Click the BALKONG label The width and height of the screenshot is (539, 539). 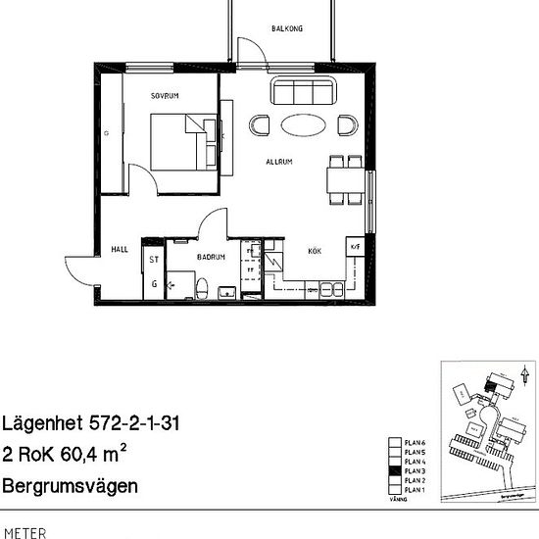pyautogui.click(x=288, y=29)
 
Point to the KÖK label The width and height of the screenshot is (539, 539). pyautogui.click(x=315, y=251)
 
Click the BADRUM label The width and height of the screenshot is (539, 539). pyautogui.click(x=211, y=257)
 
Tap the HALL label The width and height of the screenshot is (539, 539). pyautogui.click(x=120, y=249)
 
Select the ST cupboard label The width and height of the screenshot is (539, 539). pyautogui.click(x=154, y=260)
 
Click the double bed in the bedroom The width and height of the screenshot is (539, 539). pyautogui.click(x=184, y=143)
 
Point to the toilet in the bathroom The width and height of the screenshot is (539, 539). pyautogui.click(x=202, y=286)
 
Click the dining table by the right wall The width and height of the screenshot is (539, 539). pyautogui.click(x=344, y=180)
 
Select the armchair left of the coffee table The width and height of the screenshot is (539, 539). pyautogui.click(x=261, y=124)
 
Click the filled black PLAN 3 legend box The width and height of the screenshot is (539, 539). pyautogui.click(x=396, y=471)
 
